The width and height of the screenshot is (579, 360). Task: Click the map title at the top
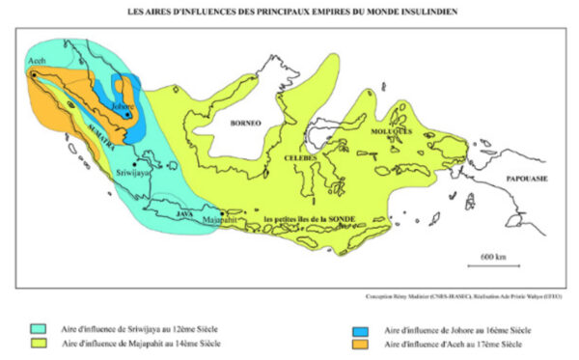click(x=289, y=12)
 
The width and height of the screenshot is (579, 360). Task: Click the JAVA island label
click(x=186, y=215)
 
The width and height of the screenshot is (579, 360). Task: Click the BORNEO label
click(x=248, y=123)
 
